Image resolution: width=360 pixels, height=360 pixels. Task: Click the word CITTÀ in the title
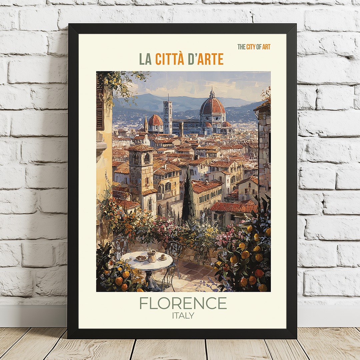[x=170, y=59]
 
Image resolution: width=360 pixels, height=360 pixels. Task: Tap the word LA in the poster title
[x=145, y=59]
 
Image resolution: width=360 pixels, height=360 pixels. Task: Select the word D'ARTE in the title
[x=206, y=59]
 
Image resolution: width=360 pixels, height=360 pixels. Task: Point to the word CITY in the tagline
[x=251, y=47]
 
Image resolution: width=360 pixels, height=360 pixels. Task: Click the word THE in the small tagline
[x=241, y=47]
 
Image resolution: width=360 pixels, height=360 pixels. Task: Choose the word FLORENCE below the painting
[x=183, y=303]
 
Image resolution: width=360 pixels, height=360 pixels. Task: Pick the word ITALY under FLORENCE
[x=183, y=315]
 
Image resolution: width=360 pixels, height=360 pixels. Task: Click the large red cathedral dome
[x=212, y=106]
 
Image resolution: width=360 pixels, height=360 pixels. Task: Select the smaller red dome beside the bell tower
[x=155, y=120]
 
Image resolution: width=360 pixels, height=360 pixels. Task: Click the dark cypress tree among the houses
[x=188, y=197]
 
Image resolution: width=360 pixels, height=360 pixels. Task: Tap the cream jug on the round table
[x=152, y=256]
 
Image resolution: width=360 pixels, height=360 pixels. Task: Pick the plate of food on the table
[x=141, y=258]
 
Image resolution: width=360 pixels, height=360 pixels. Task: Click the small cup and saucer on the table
[x=163, y=257]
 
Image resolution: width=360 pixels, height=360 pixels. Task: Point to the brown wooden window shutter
[x=100, y=107]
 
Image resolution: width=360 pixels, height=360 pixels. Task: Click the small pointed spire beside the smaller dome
[x=146, y=123]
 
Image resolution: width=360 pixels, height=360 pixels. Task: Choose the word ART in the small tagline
[x=266, y=47]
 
